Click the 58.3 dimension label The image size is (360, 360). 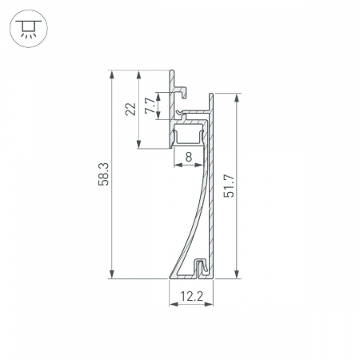(x=103, y=174)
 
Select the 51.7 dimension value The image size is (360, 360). (x=229, y=186)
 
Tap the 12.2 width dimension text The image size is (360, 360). (x=191, y=296)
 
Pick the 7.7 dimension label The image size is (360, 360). (x=150, y=105)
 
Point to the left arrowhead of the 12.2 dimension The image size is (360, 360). (x=172, y=306)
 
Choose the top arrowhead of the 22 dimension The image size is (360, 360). (x=139, y=74)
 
